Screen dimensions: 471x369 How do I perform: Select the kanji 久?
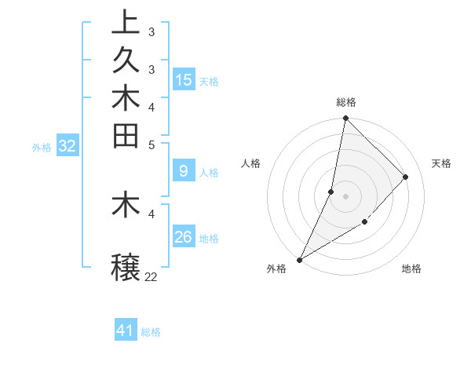[126, 60]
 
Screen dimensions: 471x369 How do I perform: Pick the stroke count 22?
[151, 276]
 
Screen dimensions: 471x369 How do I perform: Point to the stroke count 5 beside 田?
[151, 144]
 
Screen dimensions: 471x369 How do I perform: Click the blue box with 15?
[184, 79]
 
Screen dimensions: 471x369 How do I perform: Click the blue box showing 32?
[67, 145]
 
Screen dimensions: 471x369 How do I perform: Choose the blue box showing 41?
[126, 331]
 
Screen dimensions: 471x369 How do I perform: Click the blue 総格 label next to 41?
[152, 332]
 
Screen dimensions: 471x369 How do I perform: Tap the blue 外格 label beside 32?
[42, 147]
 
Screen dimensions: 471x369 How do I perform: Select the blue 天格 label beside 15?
[209, 81]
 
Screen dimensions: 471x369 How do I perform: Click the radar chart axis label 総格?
[346, 102]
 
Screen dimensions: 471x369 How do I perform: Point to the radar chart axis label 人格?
[250, 163]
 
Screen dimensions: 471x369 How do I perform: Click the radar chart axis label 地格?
[411, 269]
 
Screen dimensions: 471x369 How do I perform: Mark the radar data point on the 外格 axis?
[299, 260]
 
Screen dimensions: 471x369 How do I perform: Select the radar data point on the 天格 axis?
[406, 177]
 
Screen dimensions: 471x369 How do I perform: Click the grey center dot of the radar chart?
[346, 196]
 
